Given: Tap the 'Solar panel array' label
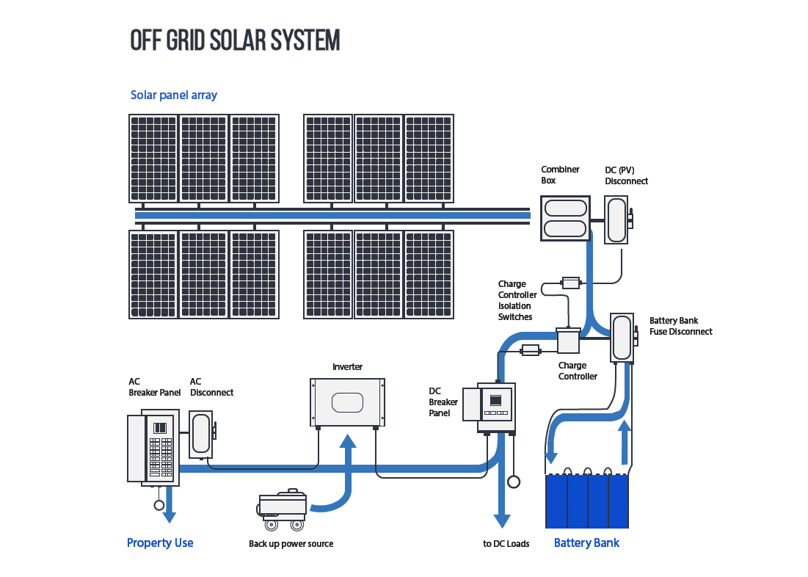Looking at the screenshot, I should pyautogui.click(x=174, y=95).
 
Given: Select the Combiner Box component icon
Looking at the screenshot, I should pyautogui.click(x=565, y=218).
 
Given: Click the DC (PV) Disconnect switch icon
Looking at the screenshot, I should pyautogui.click(x=616, y=219).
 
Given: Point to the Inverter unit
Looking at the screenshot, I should pyautogui.click(x=347, y=402).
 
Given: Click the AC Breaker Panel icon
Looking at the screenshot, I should pyautogui.click(x=153, y=448).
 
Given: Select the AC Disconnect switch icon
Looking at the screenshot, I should pyautogui.click(x=200, y=435).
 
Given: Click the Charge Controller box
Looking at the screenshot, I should pyautogui.click(x=568, y=342).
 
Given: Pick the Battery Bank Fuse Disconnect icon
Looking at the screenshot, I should pyautogui.click(x=622, y=337).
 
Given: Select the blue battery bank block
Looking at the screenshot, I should pyautogui.click(x=587, y=501).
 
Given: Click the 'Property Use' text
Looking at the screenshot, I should pyautogui.click(x=160, y=543).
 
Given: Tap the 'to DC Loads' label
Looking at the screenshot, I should pyautogui.click(x=506, y=544).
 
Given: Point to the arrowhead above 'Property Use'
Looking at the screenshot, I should pyautogui.click(x=170, y=517).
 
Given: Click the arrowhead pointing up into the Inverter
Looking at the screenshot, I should pyautogui.click(x=347, y=440).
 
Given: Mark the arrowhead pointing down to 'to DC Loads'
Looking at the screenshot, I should pyautogui.click(x=501, y=520).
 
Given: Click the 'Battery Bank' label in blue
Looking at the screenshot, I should pyautogui.click(x=586, y=543).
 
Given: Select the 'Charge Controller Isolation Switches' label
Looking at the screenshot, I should pyautogui.click(x=517, y=300).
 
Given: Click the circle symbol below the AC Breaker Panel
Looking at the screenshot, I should pyautogui.click(x=159, y=505).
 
